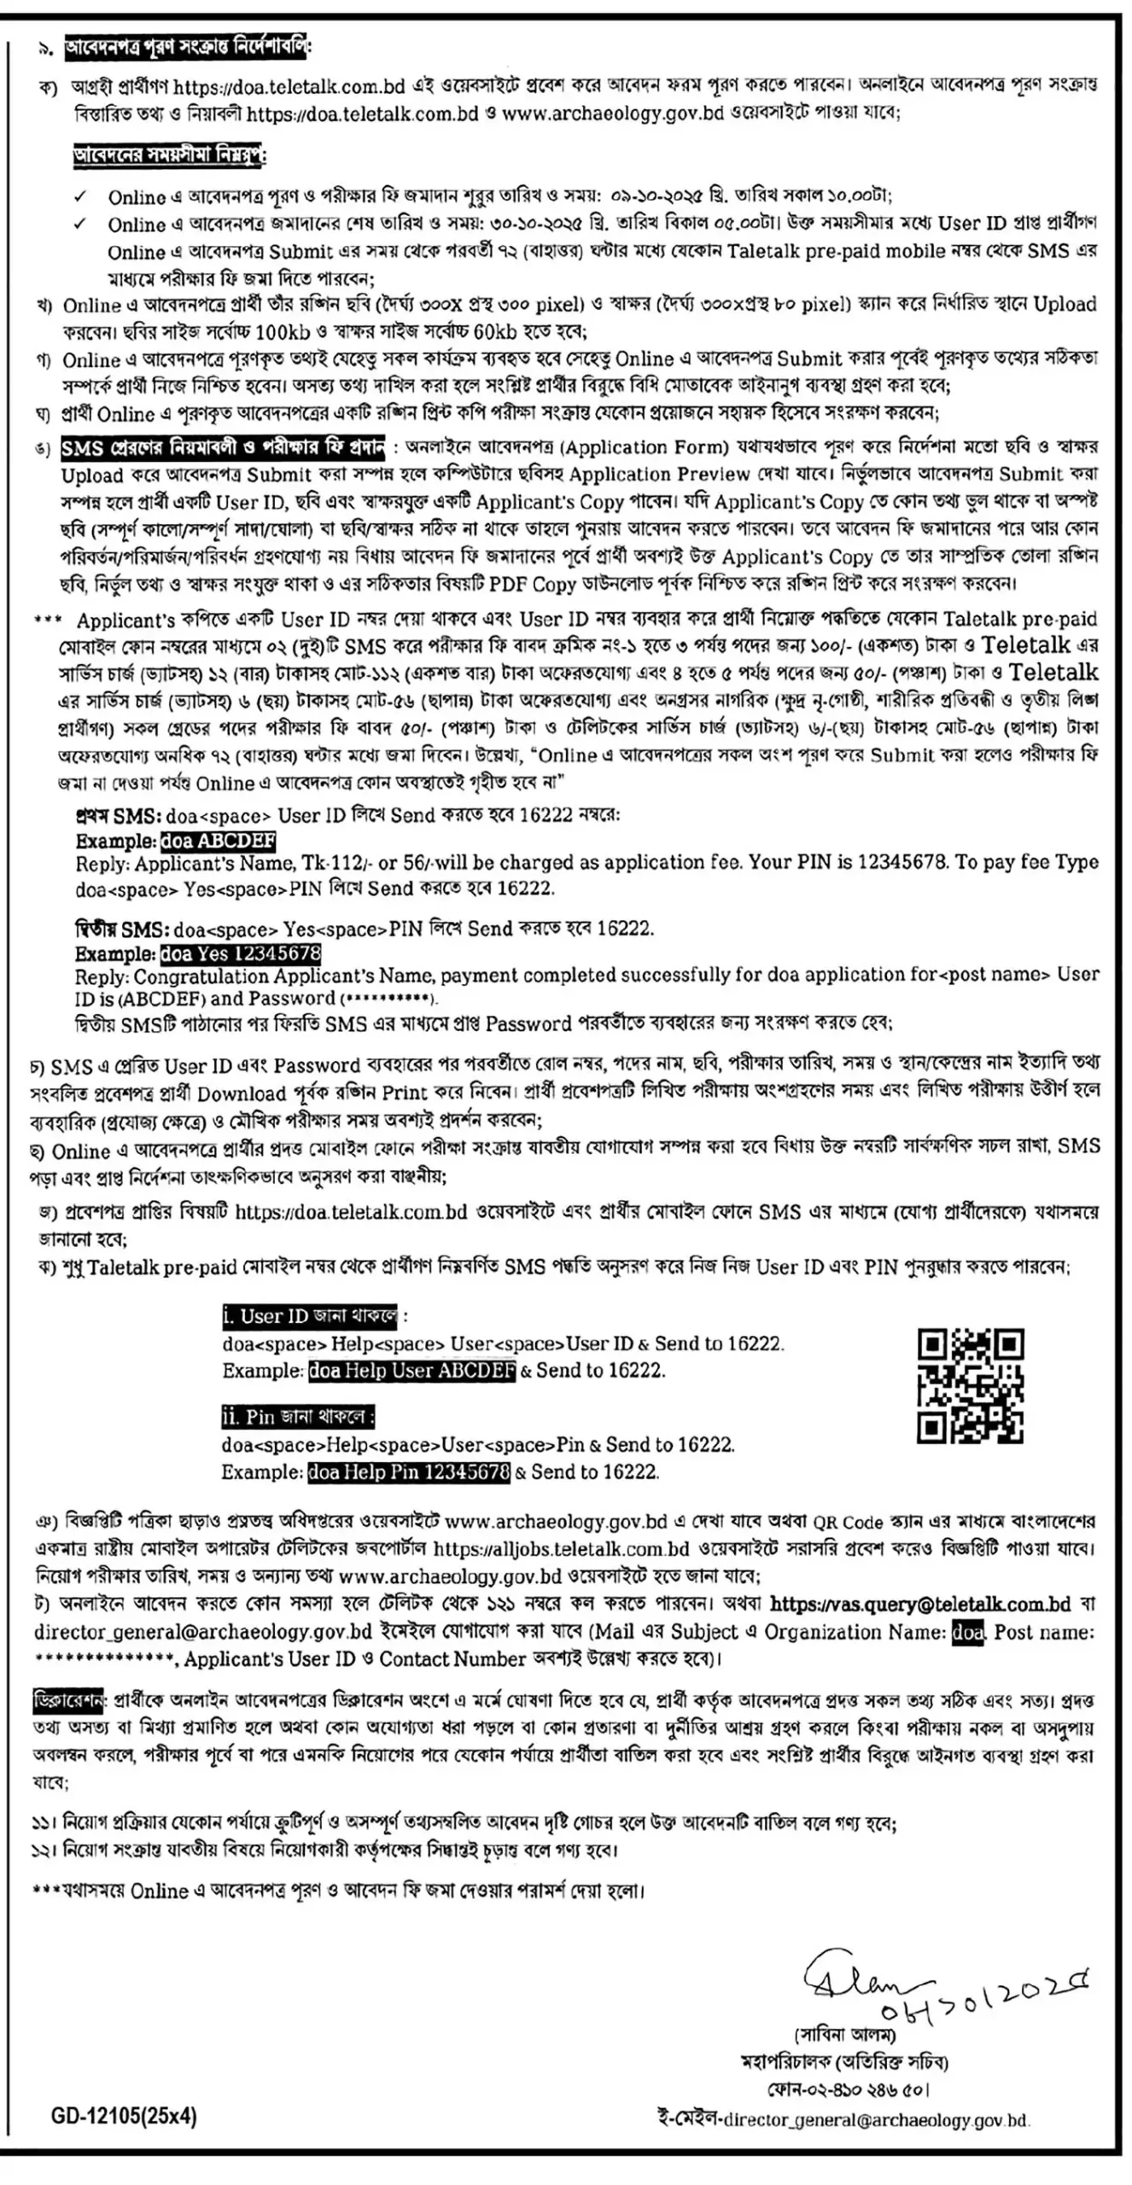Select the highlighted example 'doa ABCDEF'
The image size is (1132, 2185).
click(218, 841)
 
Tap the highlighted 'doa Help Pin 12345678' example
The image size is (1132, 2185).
click(408, 1471)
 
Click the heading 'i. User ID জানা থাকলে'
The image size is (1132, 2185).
click(309, 1316)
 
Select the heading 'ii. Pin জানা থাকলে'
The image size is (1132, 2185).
click(297, 1417)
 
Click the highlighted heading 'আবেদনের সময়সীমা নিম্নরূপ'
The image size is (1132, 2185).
click(169, 155)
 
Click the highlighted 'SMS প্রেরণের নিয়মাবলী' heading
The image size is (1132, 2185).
click(222, 447)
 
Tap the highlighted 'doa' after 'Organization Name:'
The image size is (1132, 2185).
click(967, 1632)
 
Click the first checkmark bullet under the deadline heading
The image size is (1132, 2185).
click(80, 197)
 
